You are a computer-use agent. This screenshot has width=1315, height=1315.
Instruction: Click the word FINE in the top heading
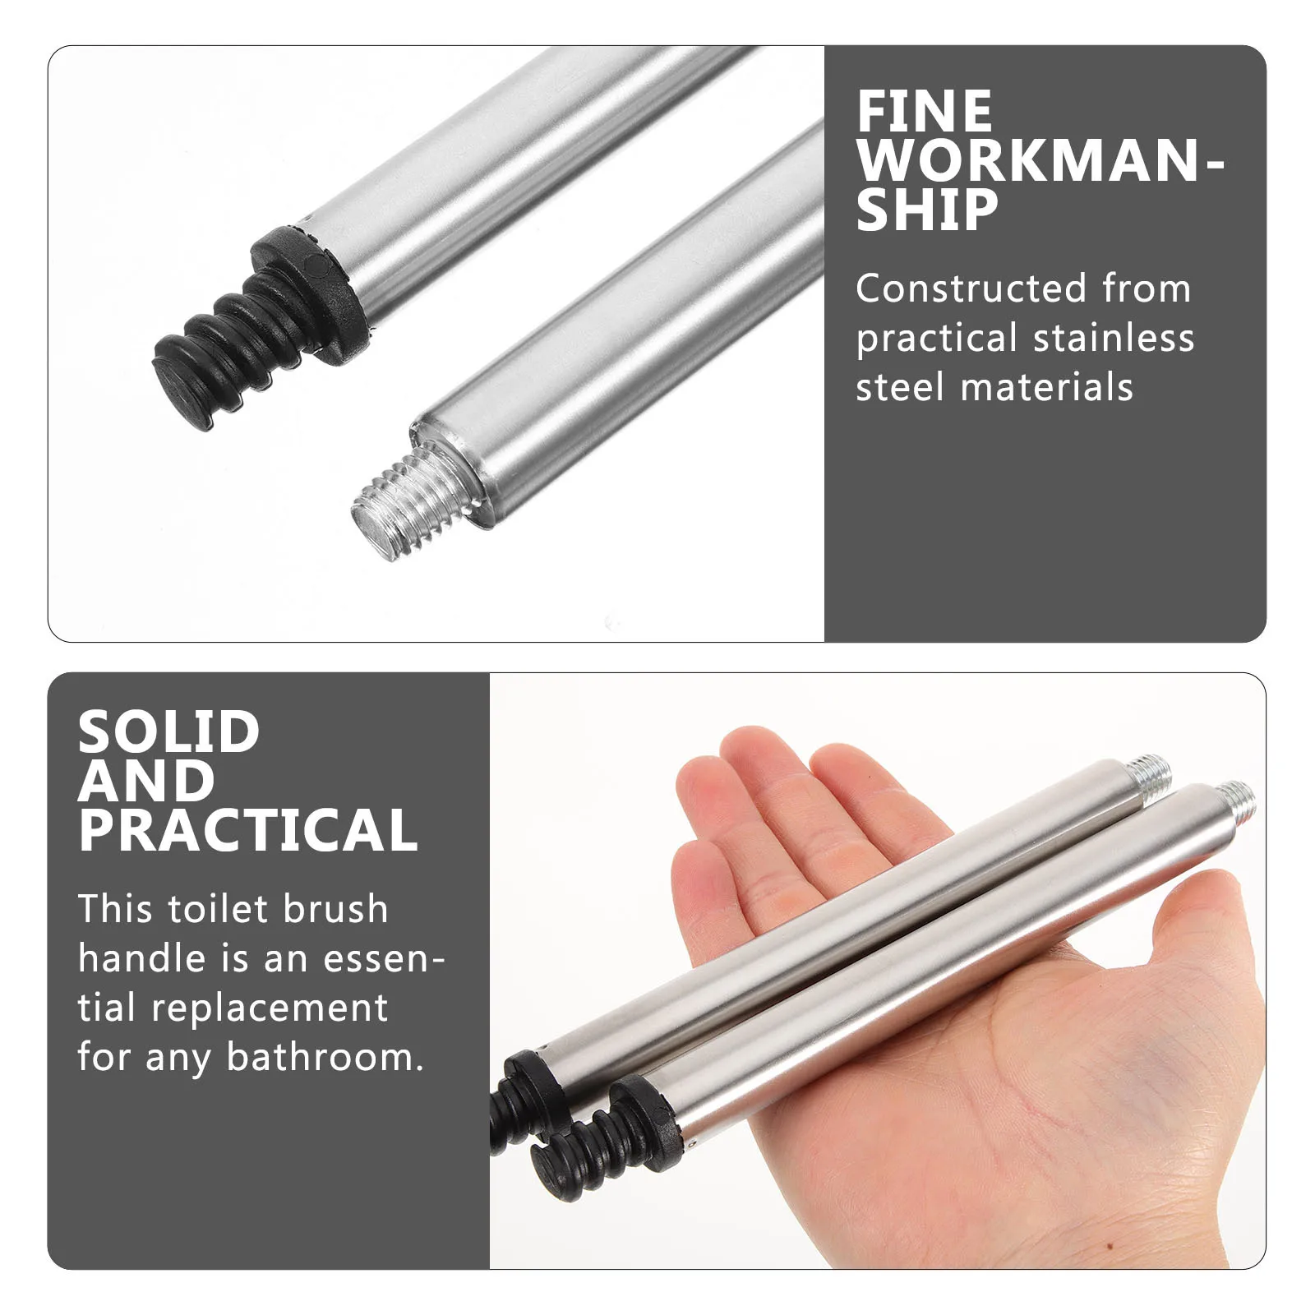924,112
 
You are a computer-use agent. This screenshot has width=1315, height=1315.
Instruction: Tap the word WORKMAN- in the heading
1040,160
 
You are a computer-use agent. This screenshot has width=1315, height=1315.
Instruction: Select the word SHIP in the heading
926,210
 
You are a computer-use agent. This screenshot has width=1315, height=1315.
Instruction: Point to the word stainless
1114,338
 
